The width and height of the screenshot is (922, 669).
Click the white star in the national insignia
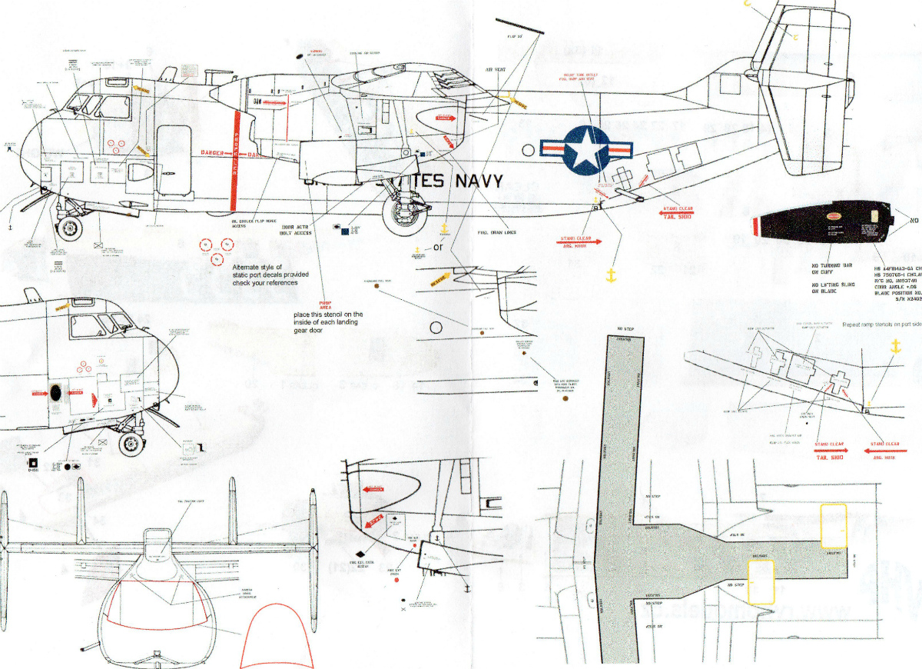(585, 149)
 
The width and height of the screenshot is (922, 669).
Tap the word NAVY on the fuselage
(478, 181)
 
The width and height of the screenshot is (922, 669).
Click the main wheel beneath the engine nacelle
(401, 215)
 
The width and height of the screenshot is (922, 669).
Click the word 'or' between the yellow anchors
(438, 248)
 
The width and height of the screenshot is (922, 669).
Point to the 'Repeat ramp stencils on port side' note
(881, 325)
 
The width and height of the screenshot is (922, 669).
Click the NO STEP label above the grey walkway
(625, 328)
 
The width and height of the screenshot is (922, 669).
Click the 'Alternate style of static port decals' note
(268, 275)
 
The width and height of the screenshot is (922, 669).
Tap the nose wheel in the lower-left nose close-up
(131, 444)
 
